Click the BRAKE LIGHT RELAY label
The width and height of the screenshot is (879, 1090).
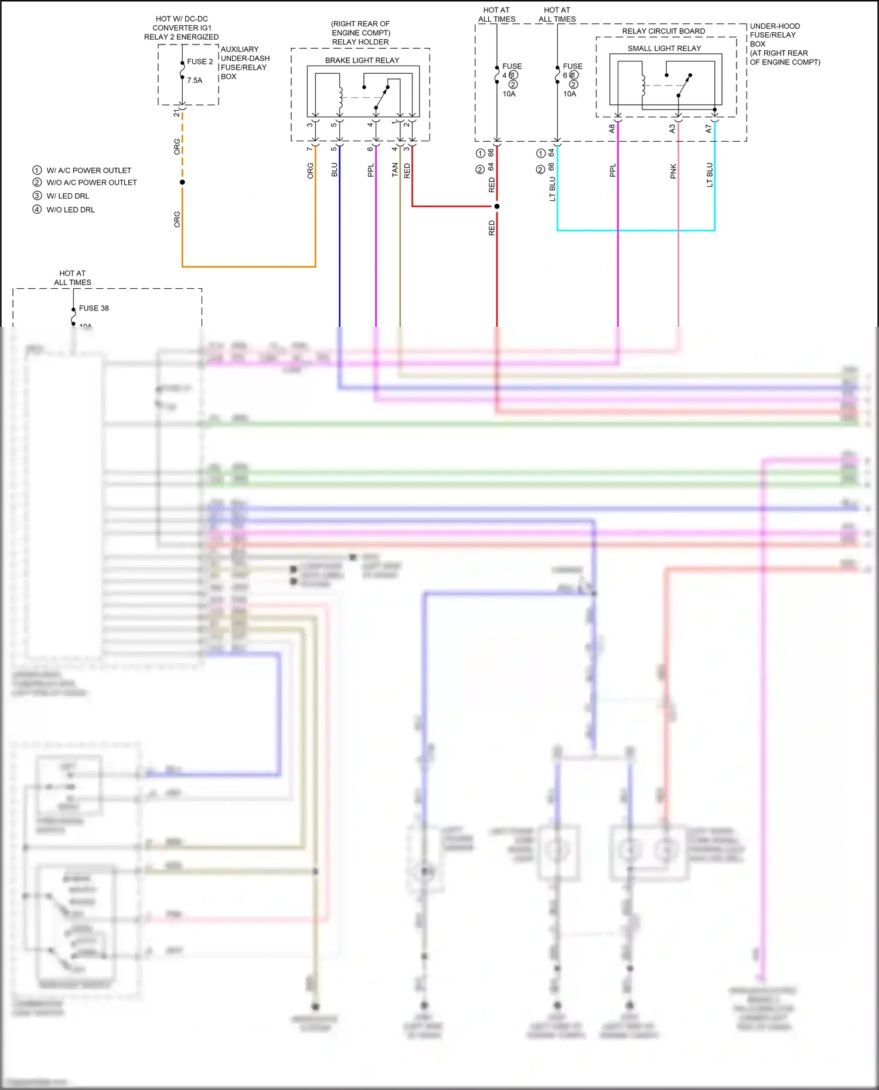[362, 60]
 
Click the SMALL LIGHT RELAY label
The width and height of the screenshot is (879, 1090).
[664, 49]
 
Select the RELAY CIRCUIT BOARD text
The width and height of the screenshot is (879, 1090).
[663, 31]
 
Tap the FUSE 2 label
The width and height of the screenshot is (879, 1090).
[200, 61]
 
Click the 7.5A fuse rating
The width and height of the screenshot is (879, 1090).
[195, 80]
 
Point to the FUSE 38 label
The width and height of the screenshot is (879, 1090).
[94, 308]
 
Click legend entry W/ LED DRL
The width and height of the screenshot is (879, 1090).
[67, 196]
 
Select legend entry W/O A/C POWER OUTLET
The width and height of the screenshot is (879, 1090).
[91, 183]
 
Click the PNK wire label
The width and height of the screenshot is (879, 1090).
[673, 171]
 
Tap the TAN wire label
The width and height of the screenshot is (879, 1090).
[394, 170]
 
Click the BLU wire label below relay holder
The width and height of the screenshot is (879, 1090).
[335, 170]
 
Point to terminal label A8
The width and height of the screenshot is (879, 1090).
[612, 128]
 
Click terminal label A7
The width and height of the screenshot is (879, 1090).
[708, 128]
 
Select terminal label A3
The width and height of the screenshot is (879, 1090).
[672, 128]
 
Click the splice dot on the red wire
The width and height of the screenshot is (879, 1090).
[497, 206]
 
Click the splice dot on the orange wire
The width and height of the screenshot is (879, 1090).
[182, 182]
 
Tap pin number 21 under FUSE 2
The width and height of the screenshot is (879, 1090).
[176, 112]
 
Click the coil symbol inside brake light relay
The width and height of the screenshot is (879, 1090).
[340, 97]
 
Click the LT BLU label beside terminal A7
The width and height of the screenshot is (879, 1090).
[710, 175]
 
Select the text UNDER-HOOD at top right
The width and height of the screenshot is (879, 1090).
[775, 26]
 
